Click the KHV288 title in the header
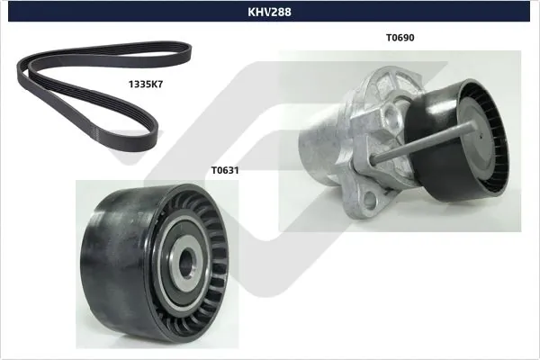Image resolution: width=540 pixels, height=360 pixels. point(270,13)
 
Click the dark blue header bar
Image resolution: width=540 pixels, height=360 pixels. point(90,13)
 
